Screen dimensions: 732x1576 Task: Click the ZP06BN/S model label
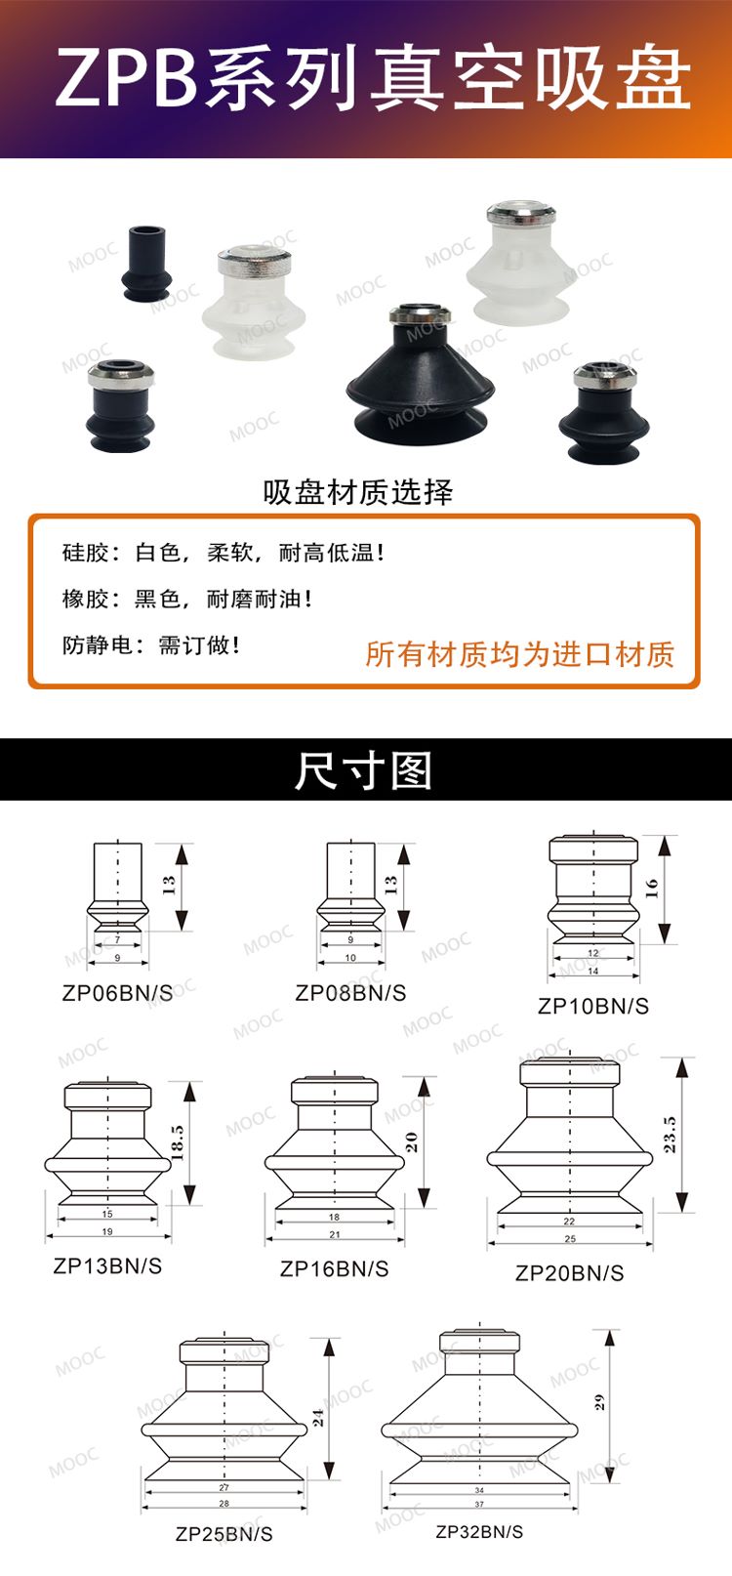click(x=117, y=993)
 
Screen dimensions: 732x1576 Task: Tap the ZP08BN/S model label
click(x=350, y=993)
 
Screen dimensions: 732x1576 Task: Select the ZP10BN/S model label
click(x=592, y=1006)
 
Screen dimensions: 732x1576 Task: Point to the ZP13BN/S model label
click(x=107, y=1265)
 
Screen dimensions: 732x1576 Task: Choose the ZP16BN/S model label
click(x=334, y=1268)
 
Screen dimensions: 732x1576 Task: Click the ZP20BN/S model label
click(x=570, y=1272)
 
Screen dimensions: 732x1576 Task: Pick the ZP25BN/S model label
click(x=224, y=1534)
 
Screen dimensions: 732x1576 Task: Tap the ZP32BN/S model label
click(x=479, y=1532)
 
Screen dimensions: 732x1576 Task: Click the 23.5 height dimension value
click(x=671, y=1134)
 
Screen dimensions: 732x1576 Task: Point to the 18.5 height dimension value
click(x=178, y=1141)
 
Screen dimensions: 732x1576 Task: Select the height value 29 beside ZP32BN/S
click(x=598, y=1403)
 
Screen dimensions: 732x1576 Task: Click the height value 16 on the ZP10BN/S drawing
click(x=652, y=888)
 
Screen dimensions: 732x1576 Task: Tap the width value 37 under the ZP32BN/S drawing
click(x=479, y=1504)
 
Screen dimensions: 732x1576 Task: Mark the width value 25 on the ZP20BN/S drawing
click(x=570, y=1238)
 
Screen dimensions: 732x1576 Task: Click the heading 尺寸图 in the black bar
click(x=363, y=769)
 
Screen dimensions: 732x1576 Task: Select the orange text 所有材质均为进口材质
click(x=519, y=654)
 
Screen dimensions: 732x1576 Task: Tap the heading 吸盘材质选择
click(x=358, y=492)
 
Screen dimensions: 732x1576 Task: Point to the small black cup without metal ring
click(x=146, y=263)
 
